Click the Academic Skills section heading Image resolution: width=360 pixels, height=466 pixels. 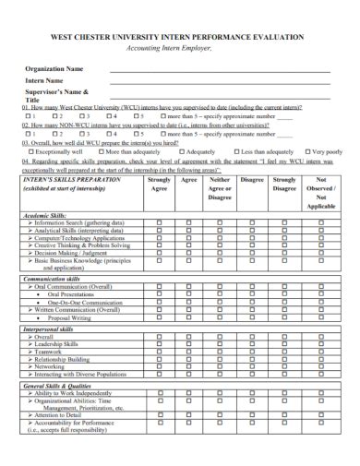pyautogui.click(x=48, y=215)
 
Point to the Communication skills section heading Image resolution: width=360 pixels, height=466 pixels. pyautogui.click(x=56, y=278)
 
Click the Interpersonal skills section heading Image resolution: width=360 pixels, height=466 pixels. pyautogui.click(x=54, y=328)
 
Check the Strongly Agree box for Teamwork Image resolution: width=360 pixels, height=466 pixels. pyautogui.click(x=159, y=352)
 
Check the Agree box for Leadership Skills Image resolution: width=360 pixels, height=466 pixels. pyautogui.click(x=189, y=344)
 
